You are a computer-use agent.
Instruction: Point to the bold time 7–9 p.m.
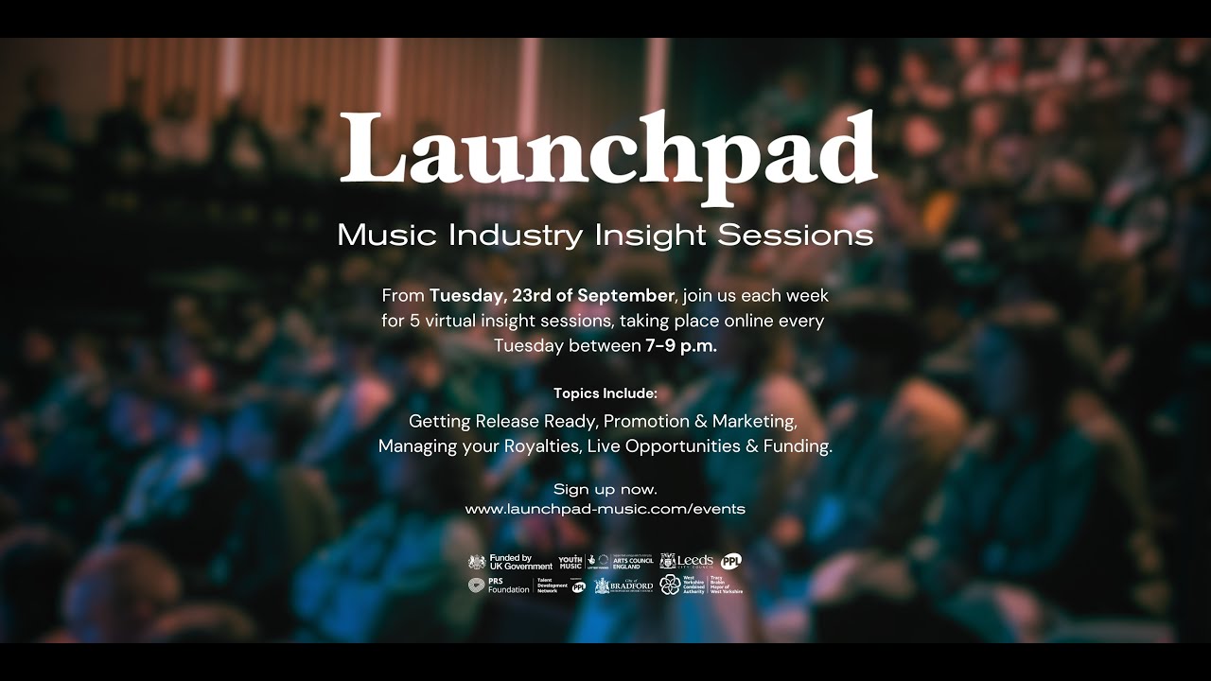681,346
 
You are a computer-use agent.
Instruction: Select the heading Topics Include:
605,393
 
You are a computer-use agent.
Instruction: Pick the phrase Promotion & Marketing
700,421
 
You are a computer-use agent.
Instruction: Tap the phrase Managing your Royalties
479,446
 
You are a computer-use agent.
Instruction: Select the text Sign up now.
605,489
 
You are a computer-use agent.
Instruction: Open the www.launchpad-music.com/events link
605,509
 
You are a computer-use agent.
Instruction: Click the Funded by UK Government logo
511,562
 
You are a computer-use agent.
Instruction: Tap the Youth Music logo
570,562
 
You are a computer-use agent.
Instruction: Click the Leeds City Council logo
687,561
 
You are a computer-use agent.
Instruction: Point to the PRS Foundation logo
500,585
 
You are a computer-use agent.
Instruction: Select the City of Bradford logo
623,585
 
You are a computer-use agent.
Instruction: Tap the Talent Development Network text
552,585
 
